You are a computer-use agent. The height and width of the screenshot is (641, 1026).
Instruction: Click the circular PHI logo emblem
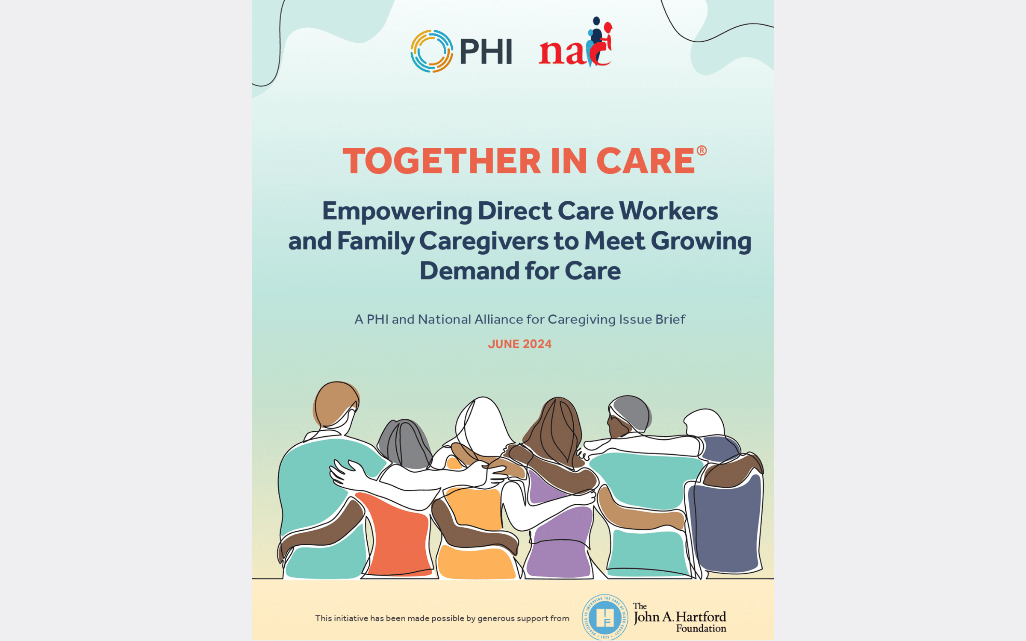pos(432,51)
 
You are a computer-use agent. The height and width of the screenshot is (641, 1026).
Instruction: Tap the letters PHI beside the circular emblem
pos(486,52)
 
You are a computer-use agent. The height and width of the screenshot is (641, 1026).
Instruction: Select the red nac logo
pos(576,42)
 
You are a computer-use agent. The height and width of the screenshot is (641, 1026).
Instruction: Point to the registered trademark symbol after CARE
pos(702,150)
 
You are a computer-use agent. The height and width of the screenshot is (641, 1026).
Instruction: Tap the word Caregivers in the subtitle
pos(484,242)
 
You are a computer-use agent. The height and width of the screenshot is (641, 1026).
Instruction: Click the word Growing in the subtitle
pos(701,242)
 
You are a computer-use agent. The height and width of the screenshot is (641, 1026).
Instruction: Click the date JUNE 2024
pos(520,344)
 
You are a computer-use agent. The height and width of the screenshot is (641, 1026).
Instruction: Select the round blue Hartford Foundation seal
pos(605,617)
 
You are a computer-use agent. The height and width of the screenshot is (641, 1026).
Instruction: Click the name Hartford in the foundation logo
pos(701,617)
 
